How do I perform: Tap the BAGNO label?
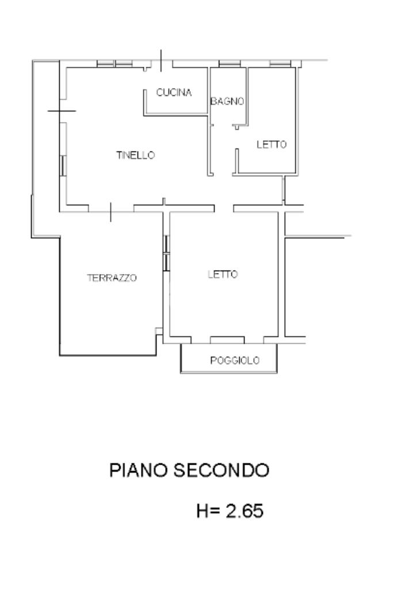pyautogui.click(x=227, y=101)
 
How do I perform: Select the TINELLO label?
pyautogui.click(x=136, y=155)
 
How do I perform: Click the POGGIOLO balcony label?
pyautogui.click(x=234, y=361)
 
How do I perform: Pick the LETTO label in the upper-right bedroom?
pyautogui.click(x=271, y=145)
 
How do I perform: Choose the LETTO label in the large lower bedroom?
pyautogui.click(x=222, y=275)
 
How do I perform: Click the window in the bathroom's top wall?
pyautogui.click(x=228, y=64)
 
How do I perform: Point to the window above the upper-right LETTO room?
pyautogui.click(x=279, y=64)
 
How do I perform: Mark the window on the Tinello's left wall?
pyautogui.click(x=62, y=166)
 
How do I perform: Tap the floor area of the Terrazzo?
pyautogui.click(x=109, y=311)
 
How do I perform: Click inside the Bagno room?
pyautogui.click(x=227, y=115)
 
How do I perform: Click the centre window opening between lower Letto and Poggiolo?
pyautogui.click(x=227, y=338)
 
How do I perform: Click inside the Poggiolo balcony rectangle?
pyautogui.click(x=230, y=351)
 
